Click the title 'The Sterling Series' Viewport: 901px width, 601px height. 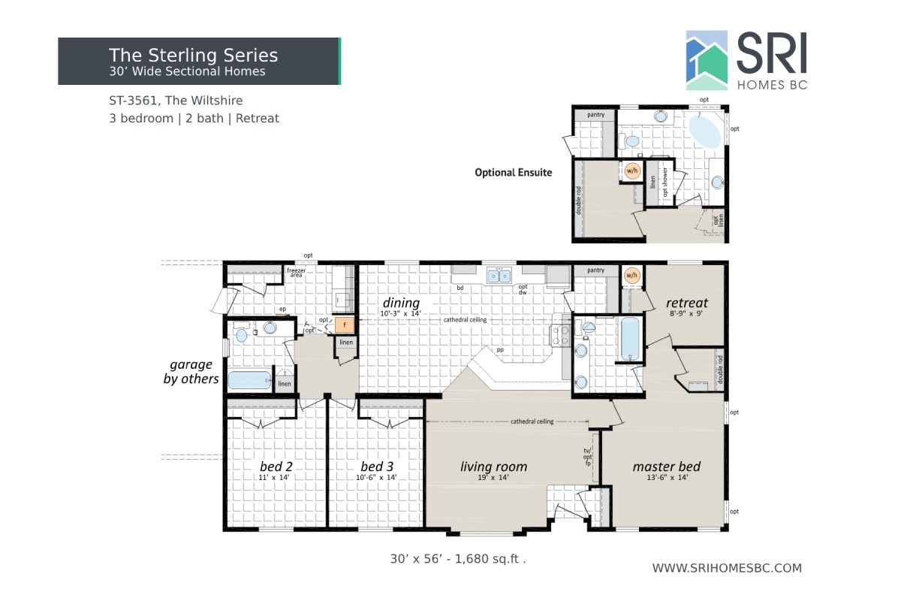(193, 55)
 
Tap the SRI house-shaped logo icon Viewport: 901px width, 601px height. (707, 60)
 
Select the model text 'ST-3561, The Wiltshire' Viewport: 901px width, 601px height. (176, 100)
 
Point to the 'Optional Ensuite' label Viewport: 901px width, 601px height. (513, 172)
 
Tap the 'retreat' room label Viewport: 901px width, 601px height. (686, 303)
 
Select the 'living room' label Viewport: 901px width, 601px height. (493, 467)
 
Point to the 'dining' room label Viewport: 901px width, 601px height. (401, 303)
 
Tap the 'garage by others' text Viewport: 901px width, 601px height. (191, 372)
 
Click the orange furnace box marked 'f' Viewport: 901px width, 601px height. (344, 325)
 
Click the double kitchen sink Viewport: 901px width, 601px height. (497, 276)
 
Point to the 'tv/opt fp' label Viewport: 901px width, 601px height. (588, 457)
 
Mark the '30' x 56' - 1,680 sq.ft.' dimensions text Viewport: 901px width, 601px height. (457, 559)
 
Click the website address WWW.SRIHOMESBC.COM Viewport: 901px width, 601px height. (726, 568)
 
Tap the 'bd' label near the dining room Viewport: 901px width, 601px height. (460, 288)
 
